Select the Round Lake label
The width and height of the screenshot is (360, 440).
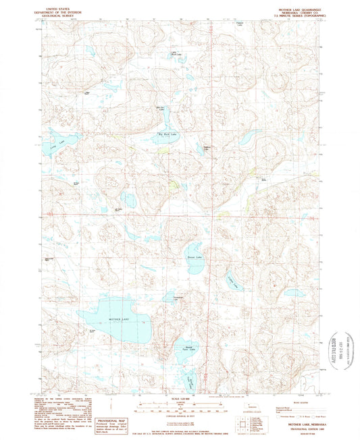[x=191, y=258]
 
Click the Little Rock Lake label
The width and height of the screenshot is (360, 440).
[x=173, y=54]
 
